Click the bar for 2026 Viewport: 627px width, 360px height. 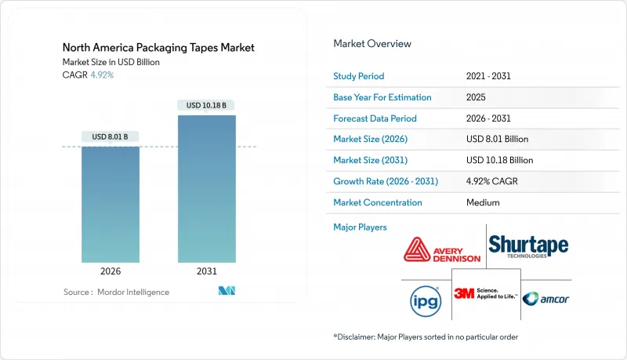(111, 205)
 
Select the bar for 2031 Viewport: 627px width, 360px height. (207, 189)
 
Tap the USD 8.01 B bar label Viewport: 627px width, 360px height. (110, 136)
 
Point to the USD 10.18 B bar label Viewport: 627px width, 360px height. (206, 105)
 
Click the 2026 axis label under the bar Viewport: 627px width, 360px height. (111, 271)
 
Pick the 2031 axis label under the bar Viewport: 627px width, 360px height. (207, 271)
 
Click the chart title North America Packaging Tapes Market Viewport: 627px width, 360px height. (158, 48)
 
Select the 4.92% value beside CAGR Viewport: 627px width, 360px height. (102, 75)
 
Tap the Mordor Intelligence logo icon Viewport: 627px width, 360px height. (227, 291)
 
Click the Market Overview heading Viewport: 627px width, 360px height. (372, 44)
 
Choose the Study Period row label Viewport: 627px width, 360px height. (359, 76)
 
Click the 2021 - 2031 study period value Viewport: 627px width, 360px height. (488, 76)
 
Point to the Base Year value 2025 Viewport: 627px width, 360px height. (476, 97)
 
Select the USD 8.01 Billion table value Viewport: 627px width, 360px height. (497, 139)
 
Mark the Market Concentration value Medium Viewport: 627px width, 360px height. (483, 202)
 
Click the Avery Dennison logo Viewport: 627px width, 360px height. (442, 250)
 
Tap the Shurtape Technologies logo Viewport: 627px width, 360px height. (528, 246)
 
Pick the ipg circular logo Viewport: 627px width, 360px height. (426, 301)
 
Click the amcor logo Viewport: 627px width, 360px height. (545, 299)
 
